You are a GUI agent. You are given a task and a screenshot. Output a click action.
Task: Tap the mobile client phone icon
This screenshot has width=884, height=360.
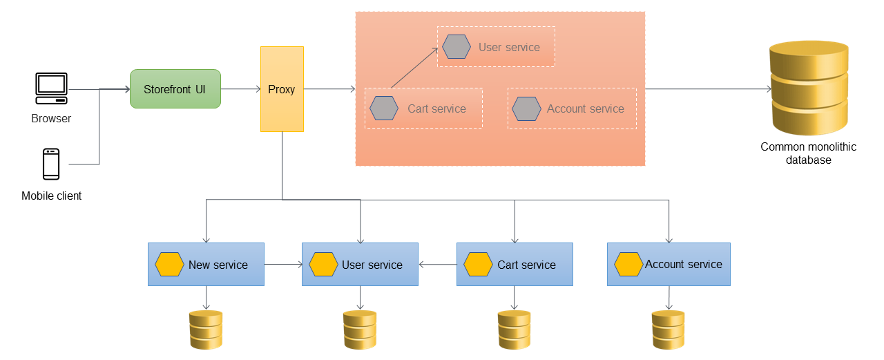pyautogui.click(x=51, y=164)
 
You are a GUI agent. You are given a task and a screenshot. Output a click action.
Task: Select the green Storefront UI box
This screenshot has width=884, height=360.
pyautogui.click(x=175, y=88)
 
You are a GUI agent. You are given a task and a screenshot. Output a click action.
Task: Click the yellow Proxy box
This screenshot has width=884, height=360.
pyautogui.click(x=282, y=89)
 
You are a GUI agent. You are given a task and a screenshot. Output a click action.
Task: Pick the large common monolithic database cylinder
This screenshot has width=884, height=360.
pyautogui.click(x=808, y=88)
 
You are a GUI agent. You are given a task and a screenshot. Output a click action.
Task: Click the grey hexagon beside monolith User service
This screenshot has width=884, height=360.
pyautogui.click(x=457, y=47)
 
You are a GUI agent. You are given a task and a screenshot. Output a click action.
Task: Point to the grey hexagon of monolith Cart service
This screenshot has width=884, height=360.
pyautogui.click(x=384, y=108)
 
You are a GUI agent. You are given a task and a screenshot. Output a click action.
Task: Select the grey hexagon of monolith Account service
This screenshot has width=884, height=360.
pyautogui.click(x=526, y=108)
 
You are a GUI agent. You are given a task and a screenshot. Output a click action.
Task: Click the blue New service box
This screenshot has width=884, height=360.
pyautogui.click(x=206, y=264)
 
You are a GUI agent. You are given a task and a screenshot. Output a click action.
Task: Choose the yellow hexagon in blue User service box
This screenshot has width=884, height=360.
pyautogui.click(x=323, y=265)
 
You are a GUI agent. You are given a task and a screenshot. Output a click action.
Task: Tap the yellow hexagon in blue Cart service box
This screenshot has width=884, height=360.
pyautogui.click(x=478, y=265)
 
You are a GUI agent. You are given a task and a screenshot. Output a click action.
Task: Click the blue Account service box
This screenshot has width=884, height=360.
pyautogui.click(x=668, y=264)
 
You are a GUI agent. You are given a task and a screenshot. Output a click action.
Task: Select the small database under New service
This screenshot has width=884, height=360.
pyautogui.click(x=206, y=330)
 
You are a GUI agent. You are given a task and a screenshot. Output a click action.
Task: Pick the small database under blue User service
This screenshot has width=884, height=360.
pyautogui.click(x=360, y=330)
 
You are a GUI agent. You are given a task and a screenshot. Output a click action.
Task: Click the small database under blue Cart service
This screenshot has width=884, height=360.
pyautogui.click(x=515, y=330)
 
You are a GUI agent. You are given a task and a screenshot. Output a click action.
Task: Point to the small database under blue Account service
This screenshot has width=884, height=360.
pyautogui.click(x=668, y=330)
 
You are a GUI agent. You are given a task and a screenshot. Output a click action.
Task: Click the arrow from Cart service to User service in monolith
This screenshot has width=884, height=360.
pyautogui.click(x=414, y=68)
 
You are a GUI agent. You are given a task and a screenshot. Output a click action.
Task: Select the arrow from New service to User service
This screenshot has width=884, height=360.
pyautogui.click(x=283, y=264)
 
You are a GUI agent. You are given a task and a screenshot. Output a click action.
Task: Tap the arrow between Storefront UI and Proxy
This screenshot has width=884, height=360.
pyautogui.click(x=240, y=89)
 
